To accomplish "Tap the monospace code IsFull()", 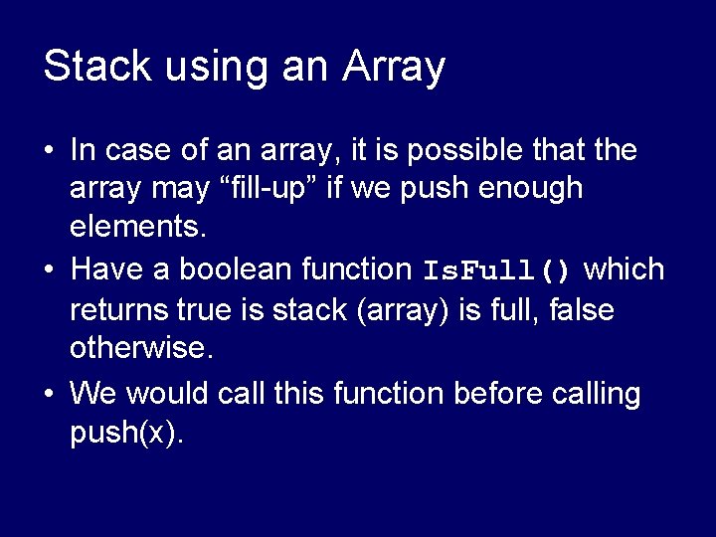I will tap(497, 270).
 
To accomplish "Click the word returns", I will tap(118, 310).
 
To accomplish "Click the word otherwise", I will tap(140, 350).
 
